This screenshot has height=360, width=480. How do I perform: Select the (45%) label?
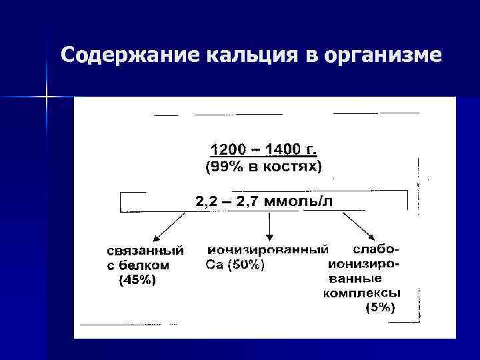click(137, 281)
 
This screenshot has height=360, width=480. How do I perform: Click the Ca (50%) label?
click(234, 265)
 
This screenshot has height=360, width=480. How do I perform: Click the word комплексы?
click(362, 293)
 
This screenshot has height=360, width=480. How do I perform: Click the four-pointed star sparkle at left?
click(47, 98)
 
